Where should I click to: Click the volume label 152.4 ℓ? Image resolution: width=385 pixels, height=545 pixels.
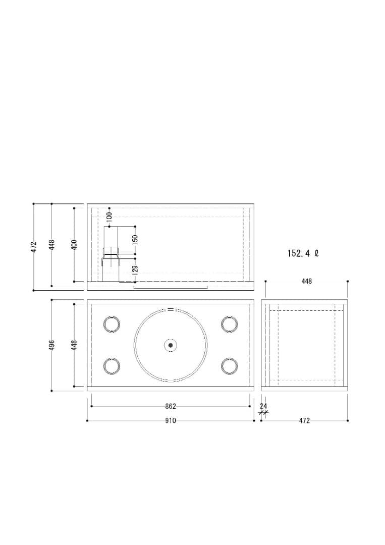303,253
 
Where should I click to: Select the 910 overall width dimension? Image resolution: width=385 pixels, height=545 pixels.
170,420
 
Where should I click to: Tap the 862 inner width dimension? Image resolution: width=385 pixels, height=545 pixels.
170,406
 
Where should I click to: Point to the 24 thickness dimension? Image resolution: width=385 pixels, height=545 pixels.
263,406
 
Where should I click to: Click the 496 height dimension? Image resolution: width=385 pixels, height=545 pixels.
52,345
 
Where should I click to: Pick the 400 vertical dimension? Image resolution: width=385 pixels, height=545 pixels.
74,244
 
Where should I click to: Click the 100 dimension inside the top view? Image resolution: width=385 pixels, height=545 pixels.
109,217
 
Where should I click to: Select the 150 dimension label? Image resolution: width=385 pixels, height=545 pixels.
135,240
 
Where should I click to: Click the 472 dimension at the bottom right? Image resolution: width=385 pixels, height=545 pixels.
304,420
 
